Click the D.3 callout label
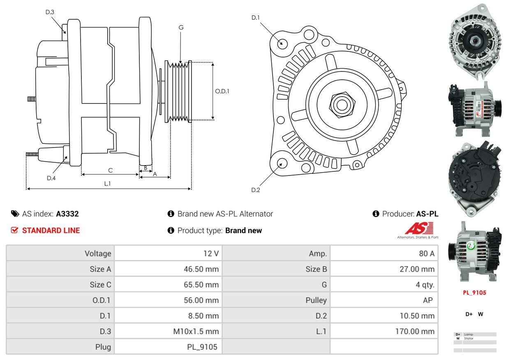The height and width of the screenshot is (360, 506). tap(50, 12)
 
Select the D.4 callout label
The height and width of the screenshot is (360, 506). tap(51, 178)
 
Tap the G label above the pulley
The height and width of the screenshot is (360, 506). tap(181, 28)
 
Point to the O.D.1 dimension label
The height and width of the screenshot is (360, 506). tap(222, 91)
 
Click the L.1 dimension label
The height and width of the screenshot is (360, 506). tap(107, 184)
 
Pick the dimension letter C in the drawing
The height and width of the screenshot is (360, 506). tap(110, 170)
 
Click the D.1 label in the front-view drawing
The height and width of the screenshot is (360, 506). tap(256, 17)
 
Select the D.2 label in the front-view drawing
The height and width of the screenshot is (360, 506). tap(256, 190)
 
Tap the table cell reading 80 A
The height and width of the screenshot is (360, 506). tap(426, 254)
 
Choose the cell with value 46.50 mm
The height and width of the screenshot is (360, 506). tap(201, 269)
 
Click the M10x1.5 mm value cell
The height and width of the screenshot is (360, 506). tap(196, 331)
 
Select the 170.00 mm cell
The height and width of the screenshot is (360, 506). tap(415, 331)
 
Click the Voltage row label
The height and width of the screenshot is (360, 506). tap(98, 254)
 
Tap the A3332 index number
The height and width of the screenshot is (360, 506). tap(67, 214)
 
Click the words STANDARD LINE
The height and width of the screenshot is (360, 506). tap(51, 231)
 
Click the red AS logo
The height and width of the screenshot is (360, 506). tap(419, 228)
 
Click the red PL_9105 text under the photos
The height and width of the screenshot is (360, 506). tap(474, 293)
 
